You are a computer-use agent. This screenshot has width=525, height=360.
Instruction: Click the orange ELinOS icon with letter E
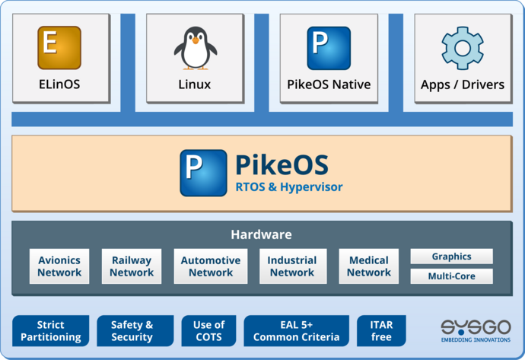point(59,47)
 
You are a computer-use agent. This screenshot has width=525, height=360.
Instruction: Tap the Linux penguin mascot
point(195,48)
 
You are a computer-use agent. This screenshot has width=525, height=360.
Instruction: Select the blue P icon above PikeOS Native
point(329,48)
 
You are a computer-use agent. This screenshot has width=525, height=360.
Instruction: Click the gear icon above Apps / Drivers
point(463,48)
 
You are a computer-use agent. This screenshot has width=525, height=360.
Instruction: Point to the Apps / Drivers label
point(463,84)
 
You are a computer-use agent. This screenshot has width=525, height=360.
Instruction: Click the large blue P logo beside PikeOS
point(203,173)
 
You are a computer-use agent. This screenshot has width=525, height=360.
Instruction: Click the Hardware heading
point(261,234)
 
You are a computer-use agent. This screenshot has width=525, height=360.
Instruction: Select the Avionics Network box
point(59,266)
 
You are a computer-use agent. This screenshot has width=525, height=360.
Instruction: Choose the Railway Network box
point(131,266)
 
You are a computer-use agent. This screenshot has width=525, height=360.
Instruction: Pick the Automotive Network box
point(211,266)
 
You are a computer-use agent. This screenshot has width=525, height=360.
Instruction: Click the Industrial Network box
point(292,266)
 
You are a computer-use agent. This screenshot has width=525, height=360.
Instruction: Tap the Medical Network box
point(369,266)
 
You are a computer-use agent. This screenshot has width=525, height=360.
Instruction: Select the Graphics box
point(451,256)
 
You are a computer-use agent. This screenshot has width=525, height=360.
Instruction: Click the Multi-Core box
point(451,276)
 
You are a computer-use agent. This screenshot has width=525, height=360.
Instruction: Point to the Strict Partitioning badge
point(51,331)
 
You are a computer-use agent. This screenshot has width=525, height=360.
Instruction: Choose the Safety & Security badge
point(132,331)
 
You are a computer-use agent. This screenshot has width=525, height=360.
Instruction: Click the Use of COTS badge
point(208,331)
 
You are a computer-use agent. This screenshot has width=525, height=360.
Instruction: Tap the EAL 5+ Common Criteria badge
point(296,331)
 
